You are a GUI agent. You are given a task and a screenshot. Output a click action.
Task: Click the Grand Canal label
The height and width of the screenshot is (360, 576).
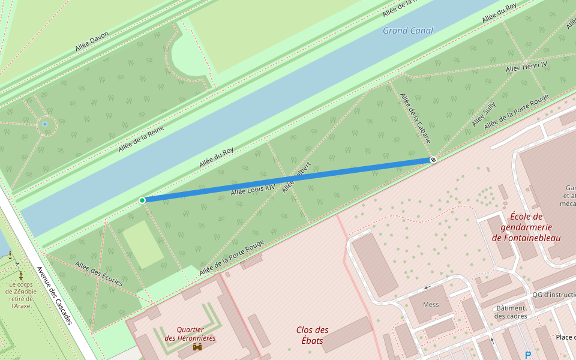[408, 31]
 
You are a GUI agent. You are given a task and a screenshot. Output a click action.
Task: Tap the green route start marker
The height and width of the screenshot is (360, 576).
[142, 200]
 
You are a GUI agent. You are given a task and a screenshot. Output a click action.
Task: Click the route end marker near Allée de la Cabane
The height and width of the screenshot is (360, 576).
[433, 160]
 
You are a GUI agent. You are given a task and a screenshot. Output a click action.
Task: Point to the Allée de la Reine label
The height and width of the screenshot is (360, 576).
[141, 134]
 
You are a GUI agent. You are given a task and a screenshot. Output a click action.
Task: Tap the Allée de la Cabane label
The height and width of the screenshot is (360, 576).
[415, 118]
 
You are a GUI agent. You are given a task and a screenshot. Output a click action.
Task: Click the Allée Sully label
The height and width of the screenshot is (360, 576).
[484, 115]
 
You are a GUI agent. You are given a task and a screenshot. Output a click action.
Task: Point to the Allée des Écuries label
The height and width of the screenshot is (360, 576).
[99, 273]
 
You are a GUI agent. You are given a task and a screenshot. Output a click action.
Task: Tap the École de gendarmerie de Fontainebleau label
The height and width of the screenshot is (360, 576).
[526, 227]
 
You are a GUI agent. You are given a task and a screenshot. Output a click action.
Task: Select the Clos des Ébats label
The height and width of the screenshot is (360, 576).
[312, 335]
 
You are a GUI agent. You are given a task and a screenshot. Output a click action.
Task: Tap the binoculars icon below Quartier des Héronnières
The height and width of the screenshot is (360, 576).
[197, 347]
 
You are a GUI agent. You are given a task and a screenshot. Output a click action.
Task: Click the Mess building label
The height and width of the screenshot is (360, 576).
[431, 304]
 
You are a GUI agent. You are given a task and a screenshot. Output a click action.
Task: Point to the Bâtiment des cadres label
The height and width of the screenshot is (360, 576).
[511, 311]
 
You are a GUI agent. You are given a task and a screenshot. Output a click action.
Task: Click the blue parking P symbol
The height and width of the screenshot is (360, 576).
[528, 355]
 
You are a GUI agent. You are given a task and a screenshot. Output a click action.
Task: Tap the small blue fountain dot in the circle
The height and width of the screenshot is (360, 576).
[45, 125]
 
